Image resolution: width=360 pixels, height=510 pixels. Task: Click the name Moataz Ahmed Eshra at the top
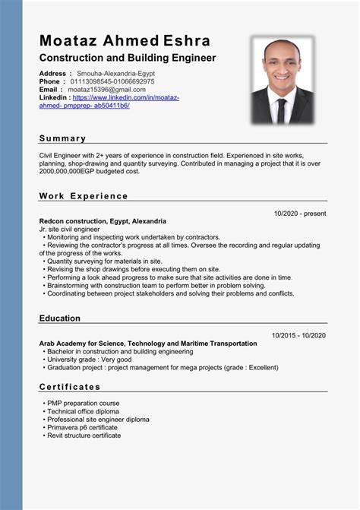click(x=125, y=40)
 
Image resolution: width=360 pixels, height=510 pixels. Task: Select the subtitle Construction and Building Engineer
click(x=128, y=58)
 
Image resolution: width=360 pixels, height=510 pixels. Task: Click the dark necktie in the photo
click(x=283, y=111)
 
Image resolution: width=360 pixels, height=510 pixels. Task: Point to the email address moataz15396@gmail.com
click(x=106, y=89)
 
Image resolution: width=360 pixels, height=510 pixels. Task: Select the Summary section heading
click(x=62, y=138)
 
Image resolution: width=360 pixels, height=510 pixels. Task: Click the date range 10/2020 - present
click(x=300, y=214)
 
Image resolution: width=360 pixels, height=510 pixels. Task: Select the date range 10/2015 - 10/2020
click(x=298, y=335)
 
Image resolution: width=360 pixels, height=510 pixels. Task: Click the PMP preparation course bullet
click(x=83, y=403)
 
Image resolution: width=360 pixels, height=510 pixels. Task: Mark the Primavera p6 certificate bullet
click(x=83, y=427)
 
